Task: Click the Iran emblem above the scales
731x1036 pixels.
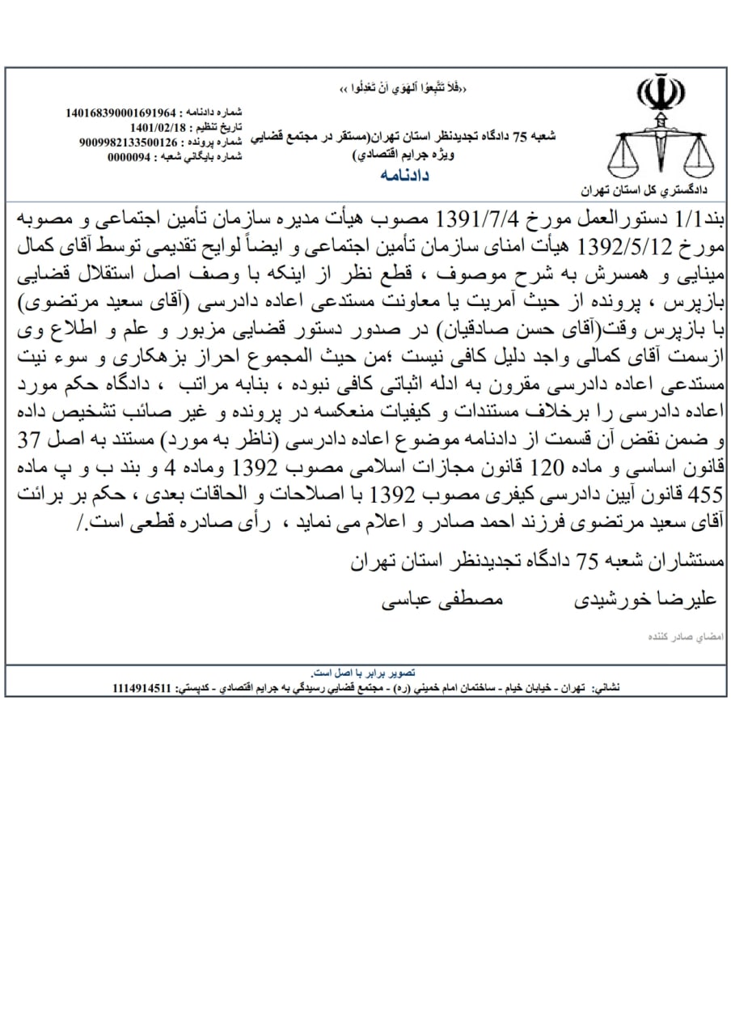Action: (x=659, y=93)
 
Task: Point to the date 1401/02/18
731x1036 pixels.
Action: (x=159, y=127)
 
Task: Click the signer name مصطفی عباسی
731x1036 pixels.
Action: (x=442, y=601)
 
